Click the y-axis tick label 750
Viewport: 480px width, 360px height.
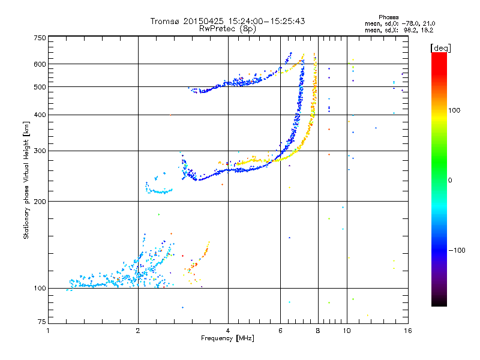coord(40,37)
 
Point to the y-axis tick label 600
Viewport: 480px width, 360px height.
coord(40,64)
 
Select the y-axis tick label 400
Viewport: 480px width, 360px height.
coord(40,115)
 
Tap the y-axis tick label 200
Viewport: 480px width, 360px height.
coord(40,201)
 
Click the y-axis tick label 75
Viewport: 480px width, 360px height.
coord(41,324)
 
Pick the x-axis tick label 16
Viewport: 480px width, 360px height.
coord(408,331)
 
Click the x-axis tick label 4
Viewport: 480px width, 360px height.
coord(228,331)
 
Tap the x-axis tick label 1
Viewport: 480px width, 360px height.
coord(49,331)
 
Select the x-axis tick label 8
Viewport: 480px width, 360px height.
coord(317,331)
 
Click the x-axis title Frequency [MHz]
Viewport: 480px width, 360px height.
coord(227,338)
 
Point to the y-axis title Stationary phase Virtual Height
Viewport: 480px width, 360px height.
coord(26,180)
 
